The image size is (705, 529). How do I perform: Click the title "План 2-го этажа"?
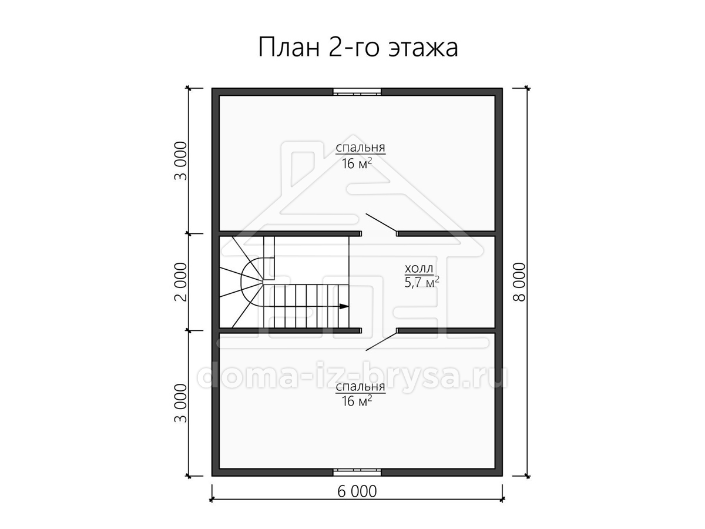[x=358, y=48]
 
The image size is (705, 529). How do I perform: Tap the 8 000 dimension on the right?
[x=519, y=282]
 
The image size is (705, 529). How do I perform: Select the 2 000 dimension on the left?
[x=181, y=282]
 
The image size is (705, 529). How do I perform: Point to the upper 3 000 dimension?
[x=181, y=161]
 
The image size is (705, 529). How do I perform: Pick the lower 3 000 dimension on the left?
[x=181, y=403]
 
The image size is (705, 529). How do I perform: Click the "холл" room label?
[x=419, y=269]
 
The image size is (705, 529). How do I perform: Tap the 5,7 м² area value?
[x=422, y=283]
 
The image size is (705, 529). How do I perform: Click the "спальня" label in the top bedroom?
[x=360, y=148]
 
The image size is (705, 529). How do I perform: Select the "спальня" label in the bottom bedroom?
[x=360, y=387]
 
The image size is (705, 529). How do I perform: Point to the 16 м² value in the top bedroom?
[x=357, y=164]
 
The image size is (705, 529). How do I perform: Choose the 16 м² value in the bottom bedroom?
[x=357, y=401]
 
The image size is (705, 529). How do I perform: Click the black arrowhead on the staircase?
[x=344, y=307]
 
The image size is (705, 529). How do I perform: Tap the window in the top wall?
[x=357, y=92]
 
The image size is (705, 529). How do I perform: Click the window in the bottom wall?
[x=357, y=472]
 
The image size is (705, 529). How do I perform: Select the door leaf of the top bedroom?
[x=381, y=222]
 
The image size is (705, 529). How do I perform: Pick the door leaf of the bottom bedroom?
[x=381, y=341]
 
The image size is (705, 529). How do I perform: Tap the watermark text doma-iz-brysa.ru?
[x=352, y=374]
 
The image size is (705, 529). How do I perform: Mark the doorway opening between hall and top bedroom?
[x=380, y=233]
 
